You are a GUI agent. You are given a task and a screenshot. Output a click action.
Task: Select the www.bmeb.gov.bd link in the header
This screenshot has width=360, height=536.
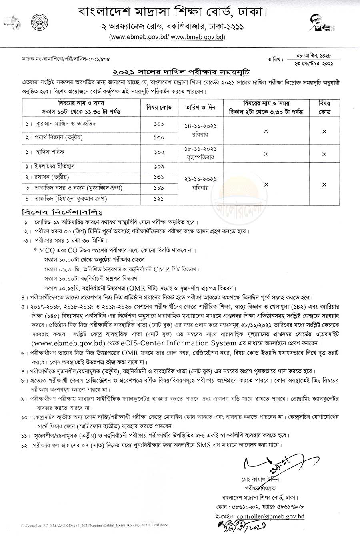point(198,37)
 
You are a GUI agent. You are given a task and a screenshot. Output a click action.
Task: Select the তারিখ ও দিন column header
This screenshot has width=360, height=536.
point(195,107)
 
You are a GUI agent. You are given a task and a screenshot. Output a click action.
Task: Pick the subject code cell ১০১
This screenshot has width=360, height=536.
point(158,124)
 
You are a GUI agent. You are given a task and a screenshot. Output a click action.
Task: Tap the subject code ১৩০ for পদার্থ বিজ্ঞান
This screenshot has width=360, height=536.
point(158,138)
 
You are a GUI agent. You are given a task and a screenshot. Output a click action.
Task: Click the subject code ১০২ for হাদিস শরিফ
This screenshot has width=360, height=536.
point(158,152)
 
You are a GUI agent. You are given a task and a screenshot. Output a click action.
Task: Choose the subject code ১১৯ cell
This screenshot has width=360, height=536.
point(158,188)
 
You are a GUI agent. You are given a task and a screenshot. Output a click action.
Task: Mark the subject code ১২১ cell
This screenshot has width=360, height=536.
point(158,199)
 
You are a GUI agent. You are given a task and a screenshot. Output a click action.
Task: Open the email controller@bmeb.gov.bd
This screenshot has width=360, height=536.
point(270,516)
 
